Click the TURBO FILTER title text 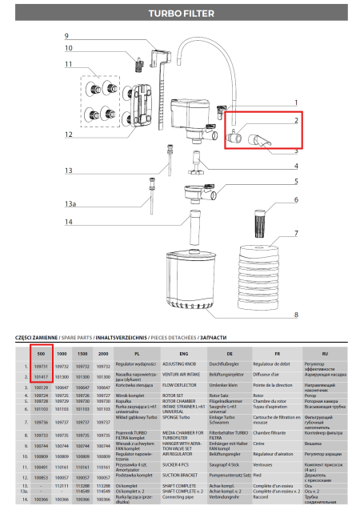pos(180,14)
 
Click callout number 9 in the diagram pos(67,36)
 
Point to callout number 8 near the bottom pos(295,315)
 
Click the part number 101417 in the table pos(42,375)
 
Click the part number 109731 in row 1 pos(42,365)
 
